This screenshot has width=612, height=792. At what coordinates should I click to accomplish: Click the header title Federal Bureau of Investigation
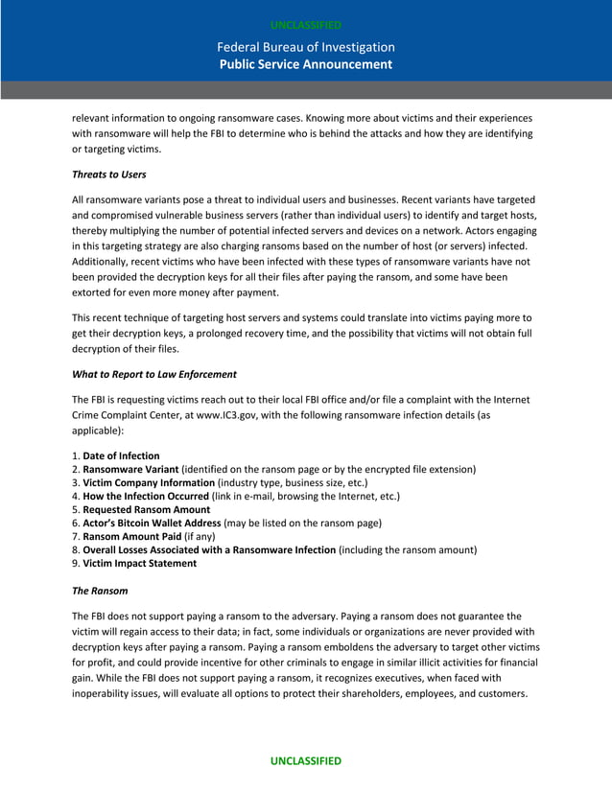305,47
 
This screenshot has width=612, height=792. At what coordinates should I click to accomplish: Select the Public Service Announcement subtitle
305,64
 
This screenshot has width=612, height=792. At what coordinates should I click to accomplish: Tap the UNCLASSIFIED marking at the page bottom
305,760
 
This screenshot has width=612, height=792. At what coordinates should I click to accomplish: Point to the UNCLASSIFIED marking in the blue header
305,25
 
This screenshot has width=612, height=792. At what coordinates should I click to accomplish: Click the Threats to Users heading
109,175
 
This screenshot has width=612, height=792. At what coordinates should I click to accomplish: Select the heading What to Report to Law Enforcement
154,374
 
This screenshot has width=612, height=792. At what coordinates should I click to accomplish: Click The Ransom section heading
100,591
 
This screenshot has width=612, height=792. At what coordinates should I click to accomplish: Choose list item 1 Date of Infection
121,455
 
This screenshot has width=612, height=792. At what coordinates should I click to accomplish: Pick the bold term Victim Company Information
149,482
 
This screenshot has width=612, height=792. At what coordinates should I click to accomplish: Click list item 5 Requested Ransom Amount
144,509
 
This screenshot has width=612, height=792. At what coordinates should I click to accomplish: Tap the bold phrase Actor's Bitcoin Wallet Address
152,523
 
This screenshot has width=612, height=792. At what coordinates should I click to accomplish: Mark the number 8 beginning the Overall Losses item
75,549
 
